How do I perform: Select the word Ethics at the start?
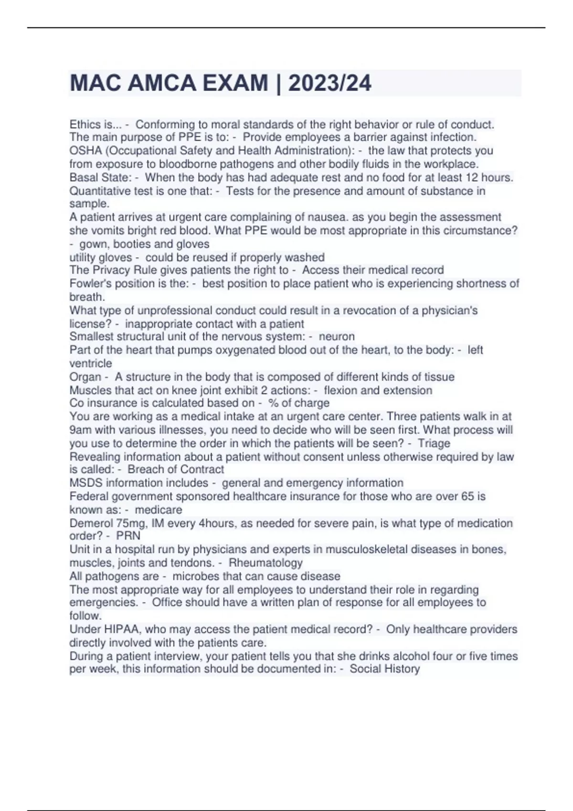(85, 125)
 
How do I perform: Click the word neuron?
(337, 336)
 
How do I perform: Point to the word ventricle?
(91, 364)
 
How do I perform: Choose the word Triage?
(434, 443)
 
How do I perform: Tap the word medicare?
(158, 509)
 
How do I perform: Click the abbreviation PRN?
(128, 536)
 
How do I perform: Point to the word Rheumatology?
(265, 563)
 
